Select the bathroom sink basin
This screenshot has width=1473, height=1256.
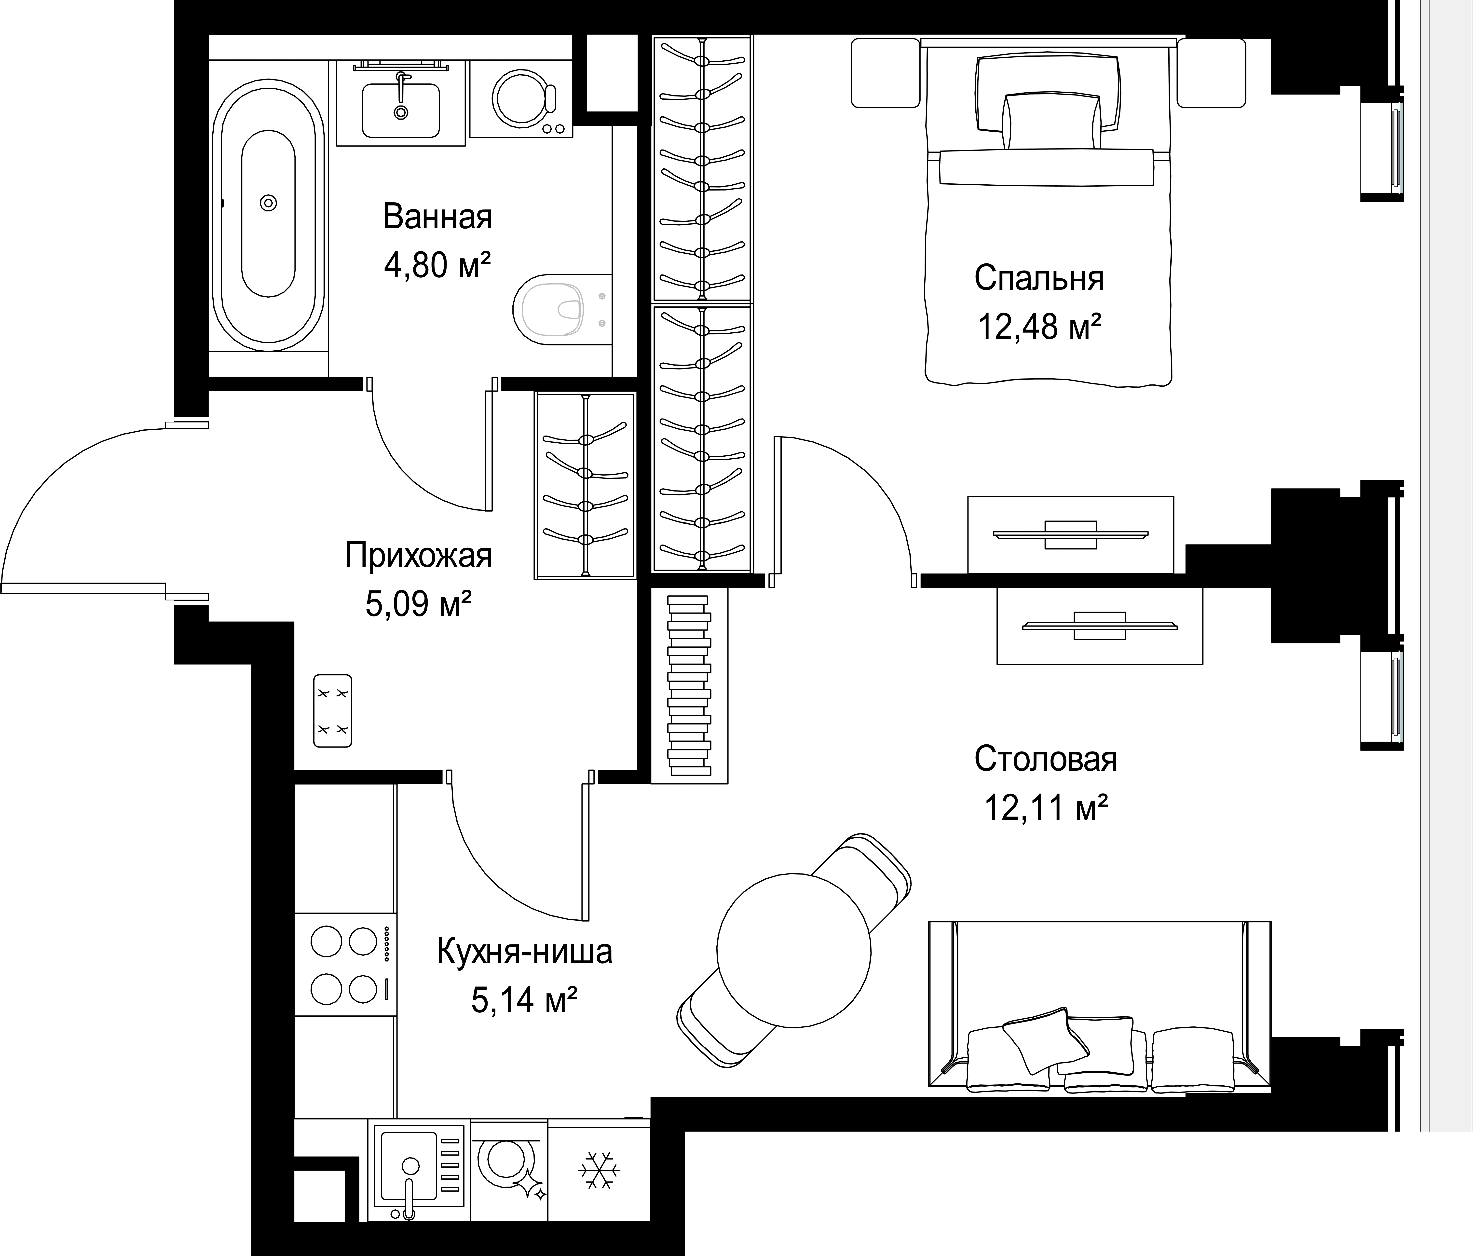401,110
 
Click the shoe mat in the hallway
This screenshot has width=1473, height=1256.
333,711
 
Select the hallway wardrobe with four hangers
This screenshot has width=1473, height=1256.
585,485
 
